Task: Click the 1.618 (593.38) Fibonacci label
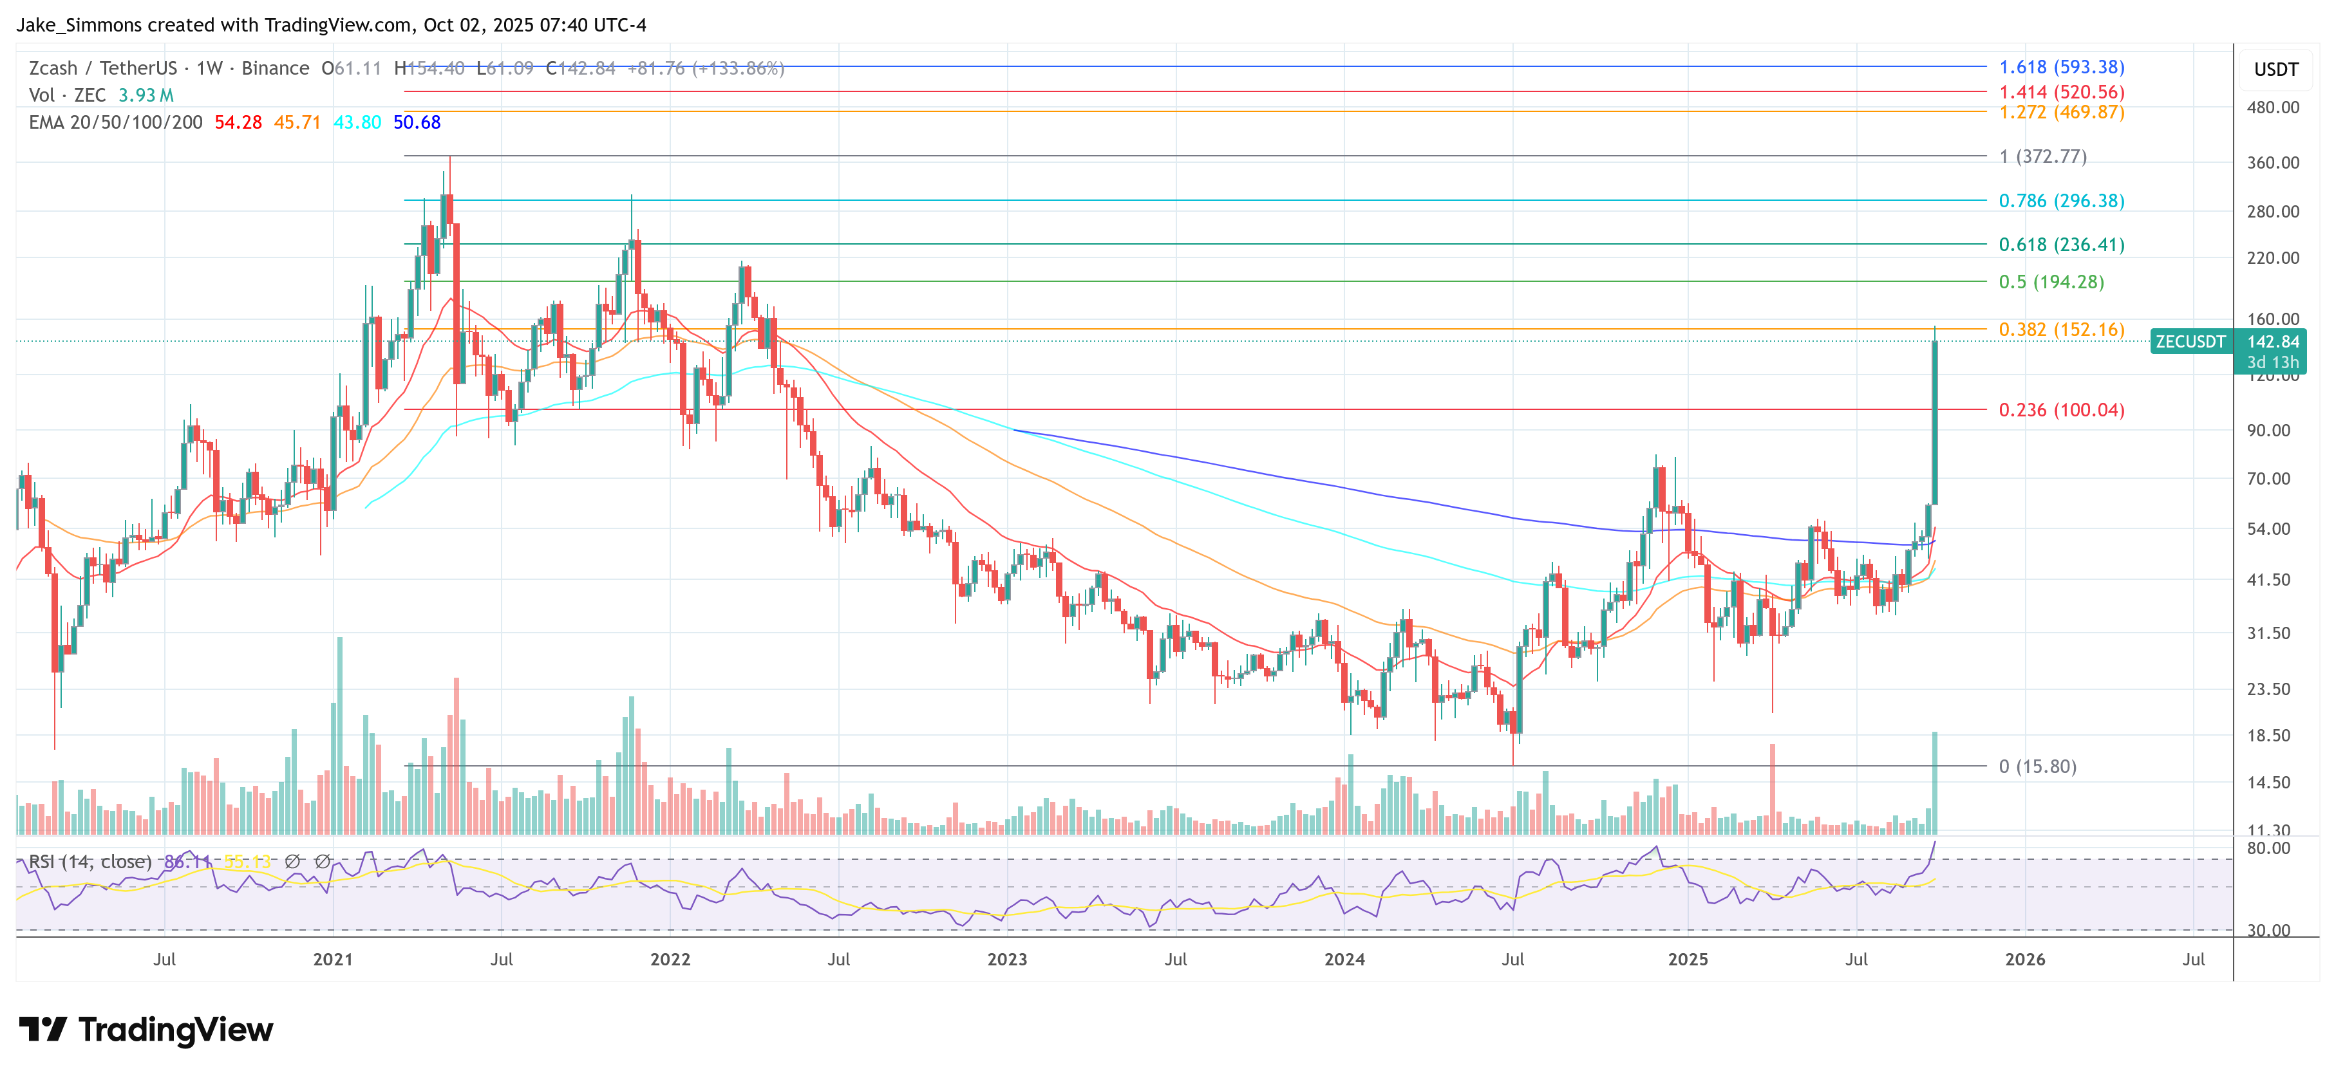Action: pos(2061,67)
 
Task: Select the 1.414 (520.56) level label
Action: pos(2061,91)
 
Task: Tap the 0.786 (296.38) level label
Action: pos(2061,200)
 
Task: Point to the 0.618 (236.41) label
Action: pos(2061,244)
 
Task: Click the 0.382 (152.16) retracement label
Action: pos(2061,329)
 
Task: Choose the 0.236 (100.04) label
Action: pos(2061,410)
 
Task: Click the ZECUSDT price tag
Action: pos(2190,342)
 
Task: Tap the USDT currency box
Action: pos(2275,70)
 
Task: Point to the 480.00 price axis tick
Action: pos(2272,107)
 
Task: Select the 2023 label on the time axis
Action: pos(1006,959)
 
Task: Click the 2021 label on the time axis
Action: pos(333,959)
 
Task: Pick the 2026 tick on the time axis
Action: pos(2024,959)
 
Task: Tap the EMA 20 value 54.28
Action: pos(238,122)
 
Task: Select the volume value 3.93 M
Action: pos(145,95)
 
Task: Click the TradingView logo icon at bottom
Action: pos(42,1029)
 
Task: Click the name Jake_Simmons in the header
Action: pos(79,24)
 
